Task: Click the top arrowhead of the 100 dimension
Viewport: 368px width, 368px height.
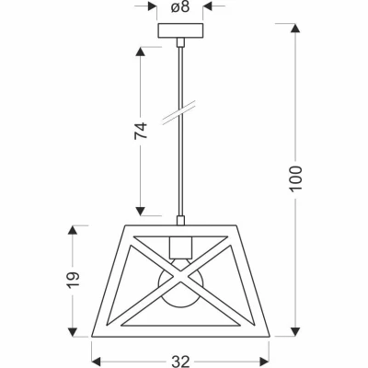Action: (294, 29)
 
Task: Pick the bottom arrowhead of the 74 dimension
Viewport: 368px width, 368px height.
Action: (141, 210)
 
